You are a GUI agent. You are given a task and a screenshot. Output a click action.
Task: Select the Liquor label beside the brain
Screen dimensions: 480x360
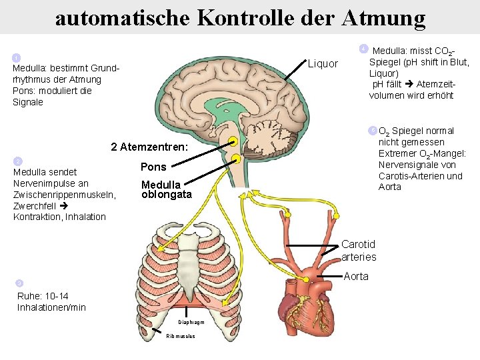(323, 64)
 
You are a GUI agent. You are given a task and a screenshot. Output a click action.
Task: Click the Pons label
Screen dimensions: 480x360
(153, 167)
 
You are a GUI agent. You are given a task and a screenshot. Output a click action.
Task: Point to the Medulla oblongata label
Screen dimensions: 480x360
(166, 189)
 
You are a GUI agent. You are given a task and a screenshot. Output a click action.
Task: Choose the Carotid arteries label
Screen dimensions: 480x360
(359, 251)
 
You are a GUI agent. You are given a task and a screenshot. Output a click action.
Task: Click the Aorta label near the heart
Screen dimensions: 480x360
(355, 276)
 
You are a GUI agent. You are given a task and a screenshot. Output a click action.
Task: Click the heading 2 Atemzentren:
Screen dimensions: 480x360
(150, 146)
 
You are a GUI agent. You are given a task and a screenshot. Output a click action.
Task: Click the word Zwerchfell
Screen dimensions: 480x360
(33, 205)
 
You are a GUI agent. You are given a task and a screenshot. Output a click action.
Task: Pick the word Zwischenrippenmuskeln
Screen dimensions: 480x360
(63, 194)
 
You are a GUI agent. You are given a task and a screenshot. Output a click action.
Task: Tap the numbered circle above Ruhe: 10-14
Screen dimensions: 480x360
(19, 283)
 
